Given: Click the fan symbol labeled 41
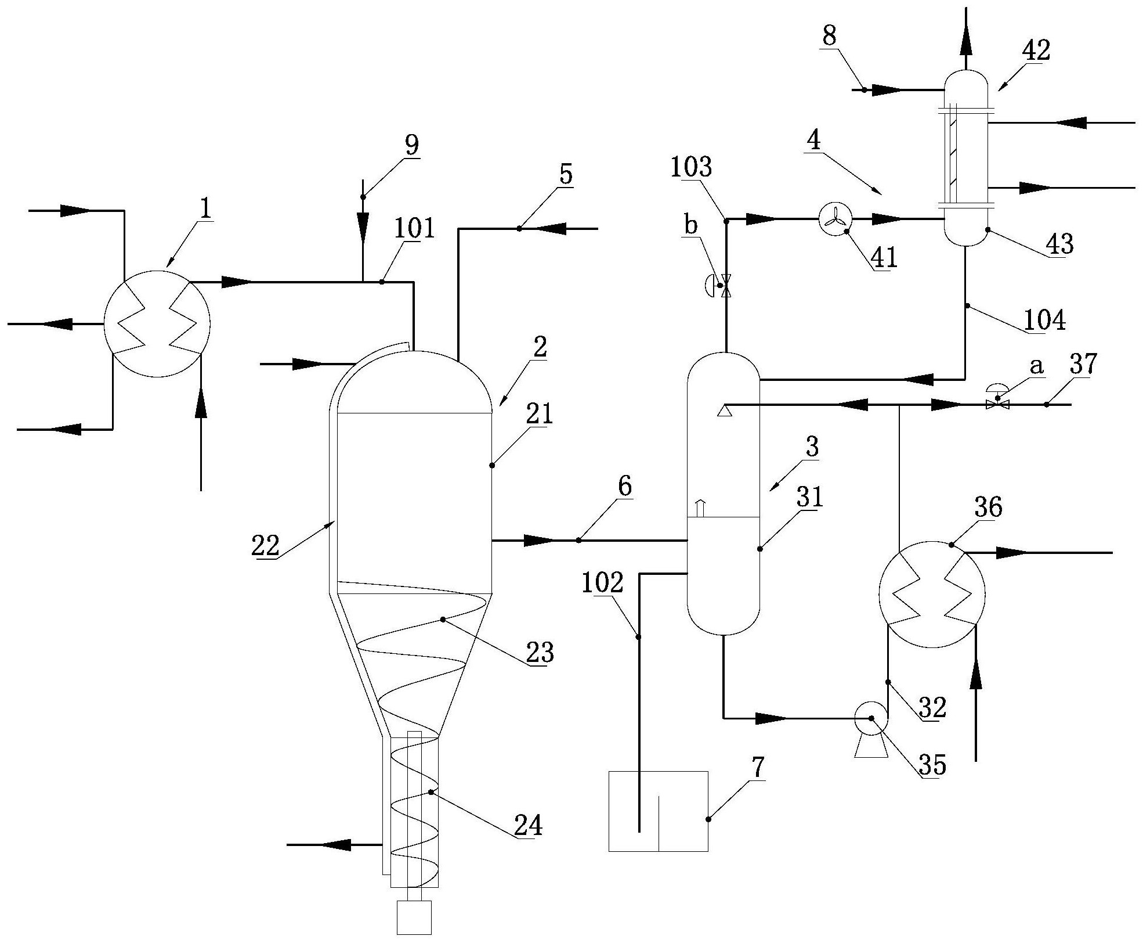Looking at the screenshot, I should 835,219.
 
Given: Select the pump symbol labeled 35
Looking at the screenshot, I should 871,719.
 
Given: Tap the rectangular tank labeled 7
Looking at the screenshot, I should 658,811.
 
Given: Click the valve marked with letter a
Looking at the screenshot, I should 997,404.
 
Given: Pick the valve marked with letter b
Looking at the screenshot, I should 725,285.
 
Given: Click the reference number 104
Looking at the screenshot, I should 1044,319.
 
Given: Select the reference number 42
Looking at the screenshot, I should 1036,51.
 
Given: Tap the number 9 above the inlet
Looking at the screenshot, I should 411,145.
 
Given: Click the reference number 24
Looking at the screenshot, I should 528,825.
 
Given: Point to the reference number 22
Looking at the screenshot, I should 266,545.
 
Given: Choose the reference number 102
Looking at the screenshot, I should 602,582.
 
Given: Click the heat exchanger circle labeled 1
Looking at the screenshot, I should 157,323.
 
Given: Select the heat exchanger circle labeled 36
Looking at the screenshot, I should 932,594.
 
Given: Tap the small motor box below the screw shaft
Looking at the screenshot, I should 414,917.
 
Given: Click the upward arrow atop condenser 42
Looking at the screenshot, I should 966,41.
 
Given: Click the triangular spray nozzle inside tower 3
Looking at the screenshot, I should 725,411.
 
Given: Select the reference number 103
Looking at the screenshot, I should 691,167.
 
